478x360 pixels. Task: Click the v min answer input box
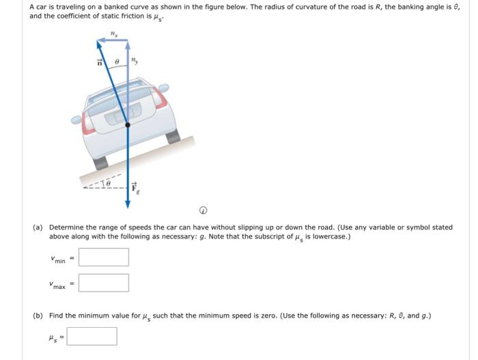coord(103,258)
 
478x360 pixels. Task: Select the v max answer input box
coord(103,283)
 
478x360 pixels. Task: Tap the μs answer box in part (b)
coord(92,336)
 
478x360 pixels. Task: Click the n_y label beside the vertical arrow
coord(135,61)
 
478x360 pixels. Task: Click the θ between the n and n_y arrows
coord(117,61)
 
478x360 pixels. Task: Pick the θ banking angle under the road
coord(105,184)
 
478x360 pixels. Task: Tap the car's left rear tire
coord(100,163)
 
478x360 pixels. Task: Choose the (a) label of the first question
coord(38,227)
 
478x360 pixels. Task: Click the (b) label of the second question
coord(38,316)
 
